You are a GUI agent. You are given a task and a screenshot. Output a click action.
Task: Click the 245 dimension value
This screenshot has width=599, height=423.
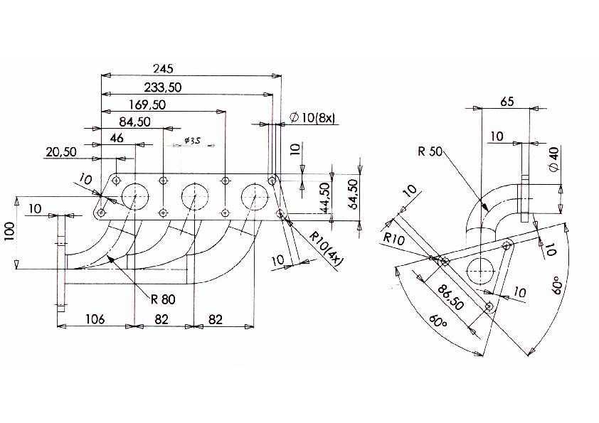coord(163,68)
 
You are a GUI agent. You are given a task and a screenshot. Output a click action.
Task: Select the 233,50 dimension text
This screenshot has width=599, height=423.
coord(163,87)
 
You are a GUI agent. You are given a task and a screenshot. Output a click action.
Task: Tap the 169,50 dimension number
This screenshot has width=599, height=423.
coord(147,105)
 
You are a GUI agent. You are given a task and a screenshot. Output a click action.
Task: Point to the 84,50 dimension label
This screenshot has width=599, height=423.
coord(135,122)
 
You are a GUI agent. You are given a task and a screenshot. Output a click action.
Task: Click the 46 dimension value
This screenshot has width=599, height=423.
coord(117,138)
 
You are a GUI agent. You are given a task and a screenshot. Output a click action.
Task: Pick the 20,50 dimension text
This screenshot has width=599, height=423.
coord(61,152)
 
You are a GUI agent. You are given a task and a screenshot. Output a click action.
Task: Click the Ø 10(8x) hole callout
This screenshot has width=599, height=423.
coord(312,117)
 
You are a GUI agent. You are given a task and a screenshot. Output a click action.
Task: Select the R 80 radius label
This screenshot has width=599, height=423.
coord(163,299)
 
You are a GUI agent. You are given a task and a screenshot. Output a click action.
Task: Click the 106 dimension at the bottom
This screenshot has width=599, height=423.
coord(95,318)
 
